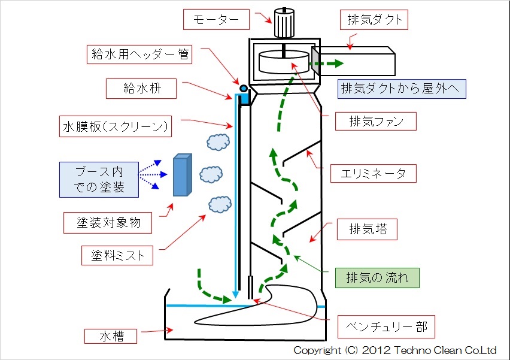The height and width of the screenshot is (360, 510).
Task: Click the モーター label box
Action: click(216, 20)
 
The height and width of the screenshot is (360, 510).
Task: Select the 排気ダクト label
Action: click(375, 20)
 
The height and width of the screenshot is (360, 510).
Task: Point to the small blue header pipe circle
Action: click(244, 89)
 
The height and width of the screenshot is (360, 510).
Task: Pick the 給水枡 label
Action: click(141, 89)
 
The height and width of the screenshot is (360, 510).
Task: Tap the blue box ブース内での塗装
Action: click(99, 179)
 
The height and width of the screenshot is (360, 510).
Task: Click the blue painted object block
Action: click(181, 175)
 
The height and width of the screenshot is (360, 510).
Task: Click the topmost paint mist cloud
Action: click(218, 142)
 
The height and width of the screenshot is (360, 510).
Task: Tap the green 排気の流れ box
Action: click(375, 278)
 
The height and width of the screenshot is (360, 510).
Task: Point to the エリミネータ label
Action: click(372, 174)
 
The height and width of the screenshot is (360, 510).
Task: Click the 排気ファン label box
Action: click(374, 122)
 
